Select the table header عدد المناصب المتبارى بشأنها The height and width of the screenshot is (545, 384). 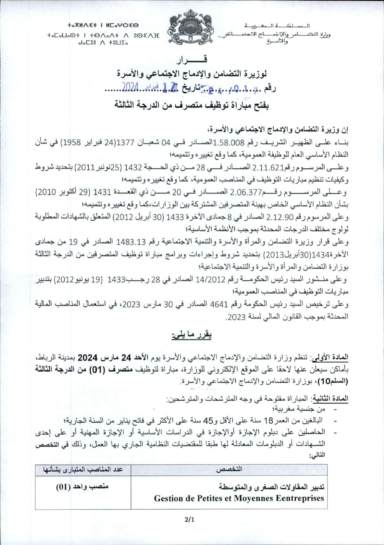[x=83, y=470]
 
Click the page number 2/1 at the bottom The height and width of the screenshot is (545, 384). [x=190, y=520]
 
